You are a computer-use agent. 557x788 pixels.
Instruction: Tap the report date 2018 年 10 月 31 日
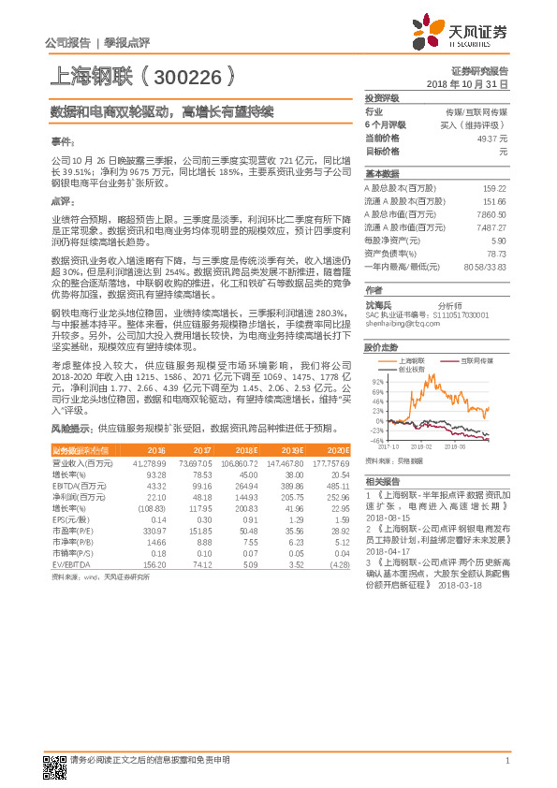point(466,83)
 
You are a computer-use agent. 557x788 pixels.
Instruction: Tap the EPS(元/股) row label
point(69,519)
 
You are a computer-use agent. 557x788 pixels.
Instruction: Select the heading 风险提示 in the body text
point(71,428)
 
